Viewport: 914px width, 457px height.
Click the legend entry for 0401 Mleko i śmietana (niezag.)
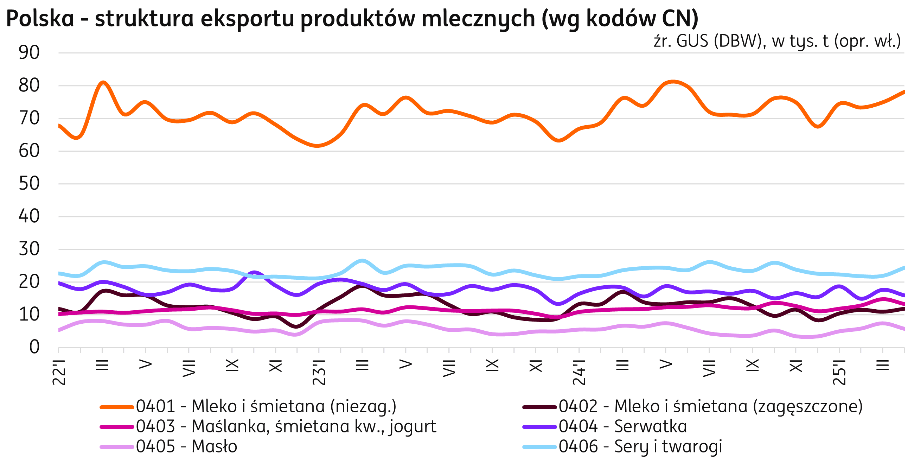click(266, 407)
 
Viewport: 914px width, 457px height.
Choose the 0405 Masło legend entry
click(186, 446)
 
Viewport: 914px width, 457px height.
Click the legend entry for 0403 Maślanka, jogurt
click(286, 426)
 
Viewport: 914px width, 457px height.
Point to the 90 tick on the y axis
click(29, 53)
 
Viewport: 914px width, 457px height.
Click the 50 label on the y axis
click(29, 184)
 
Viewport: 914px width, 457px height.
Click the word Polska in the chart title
click(40, 18)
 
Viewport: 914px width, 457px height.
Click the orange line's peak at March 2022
click(103, 83)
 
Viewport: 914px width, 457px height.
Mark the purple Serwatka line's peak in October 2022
click(254, 273)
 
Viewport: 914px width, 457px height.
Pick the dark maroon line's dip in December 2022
click(297, 326)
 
